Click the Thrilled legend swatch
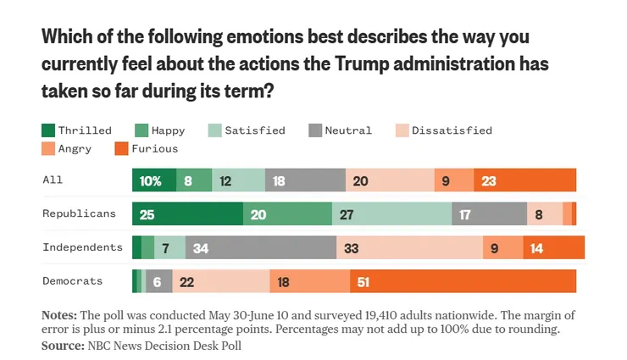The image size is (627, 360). (x=48, y=130)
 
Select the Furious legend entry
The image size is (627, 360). (x=153, y=148)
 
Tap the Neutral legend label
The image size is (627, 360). (x=347, y=130)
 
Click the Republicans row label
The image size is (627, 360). (x=79, y=213)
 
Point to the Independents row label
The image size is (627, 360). (x=82, y=246)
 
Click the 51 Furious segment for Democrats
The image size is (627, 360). (x=463, y=281)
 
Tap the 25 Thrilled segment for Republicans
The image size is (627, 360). (x=187, y=214)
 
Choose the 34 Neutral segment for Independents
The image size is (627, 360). (x=260, y=247)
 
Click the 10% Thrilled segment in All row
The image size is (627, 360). (x=154, y=180)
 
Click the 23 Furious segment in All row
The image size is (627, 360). (x=525, y=180)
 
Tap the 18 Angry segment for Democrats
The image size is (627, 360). (x=309, y=281)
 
